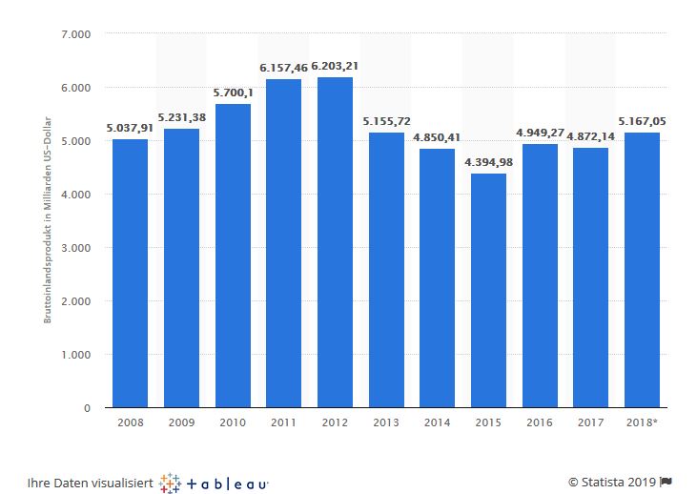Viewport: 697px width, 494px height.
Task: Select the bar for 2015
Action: pyautogui.click(x=488, y=291)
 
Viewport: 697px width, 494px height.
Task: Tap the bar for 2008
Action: pyautogui.click(x=130, y=274)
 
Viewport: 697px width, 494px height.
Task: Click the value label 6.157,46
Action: pyautogui.click(x=283, y=68)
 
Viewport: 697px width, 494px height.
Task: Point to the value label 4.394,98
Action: pyautogui.click(x=488, y=161)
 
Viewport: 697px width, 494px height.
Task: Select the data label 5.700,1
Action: pyautogui.click(x=233, y=93)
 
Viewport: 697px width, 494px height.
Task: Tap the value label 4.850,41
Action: pyautogui.click(x=437, y=137)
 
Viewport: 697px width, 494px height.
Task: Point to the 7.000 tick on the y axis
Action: pyautogui.click(x=74, y=34)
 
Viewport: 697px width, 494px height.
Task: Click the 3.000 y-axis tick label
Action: pyautogui.click(x=74, y=248)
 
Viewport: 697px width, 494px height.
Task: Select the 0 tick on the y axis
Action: pyautogui.click(x=87, y=408)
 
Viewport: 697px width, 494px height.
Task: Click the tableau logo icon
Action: pyautogui.click(x=172, y=483)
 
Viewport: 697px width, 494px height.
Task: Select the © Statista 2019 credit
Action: pyautogui.click(x=611, y=483)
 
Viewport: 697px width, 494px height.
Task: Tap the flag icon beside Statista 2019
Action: pyautogui.click(x=666, y=483)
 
